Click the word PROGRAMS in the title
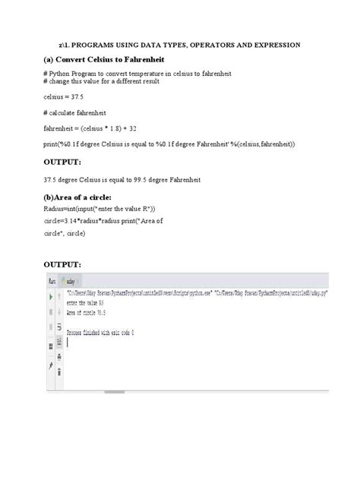[x=106, y=45]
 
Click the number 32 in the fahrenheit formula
[x=134, y=129]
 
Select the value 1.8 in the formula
[x=111, y=129]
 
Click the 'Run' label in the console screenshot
[x=52, y=280]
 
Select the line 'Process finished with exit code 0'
[x=100, y=333]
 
